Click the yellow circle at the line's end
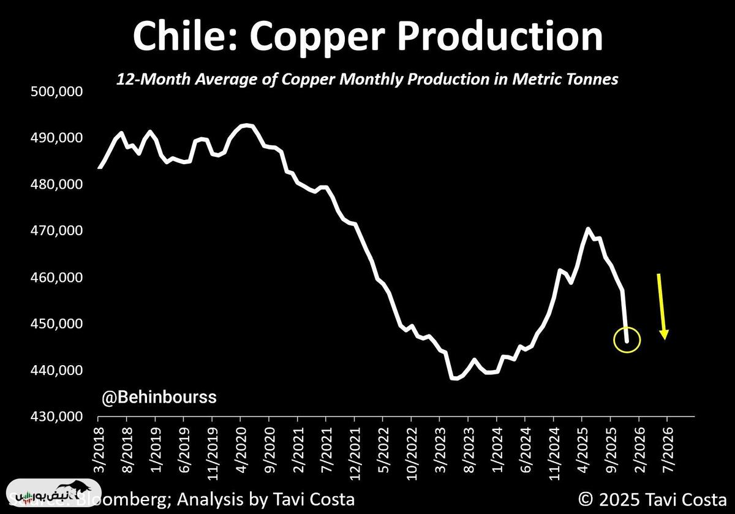(x=627, y=340)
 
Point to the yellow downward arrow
(x=661, y=306)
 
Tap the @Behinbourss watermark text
(x=159, y=398)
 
